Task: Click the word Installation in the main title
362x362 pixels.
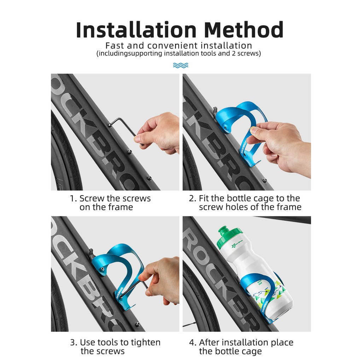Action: [136, 30]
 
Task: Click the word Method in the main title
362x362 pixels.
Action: [244, 30]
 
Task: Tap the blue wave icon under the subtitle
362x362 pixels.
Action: [181, 65]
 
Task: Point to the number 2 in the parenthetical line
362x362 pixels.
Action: [233, 54]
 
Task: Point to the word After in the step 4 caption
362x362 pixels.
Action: [209, 342]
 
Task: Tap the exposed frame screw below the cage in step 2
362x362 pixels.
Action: [265, 180]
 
